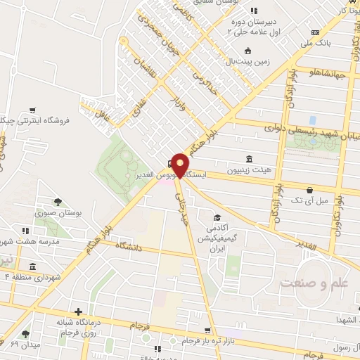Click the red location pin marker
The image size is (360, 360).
[x=181, y=165]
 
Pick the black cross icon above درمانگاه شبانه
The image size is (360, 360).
[x=79, y=311]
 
